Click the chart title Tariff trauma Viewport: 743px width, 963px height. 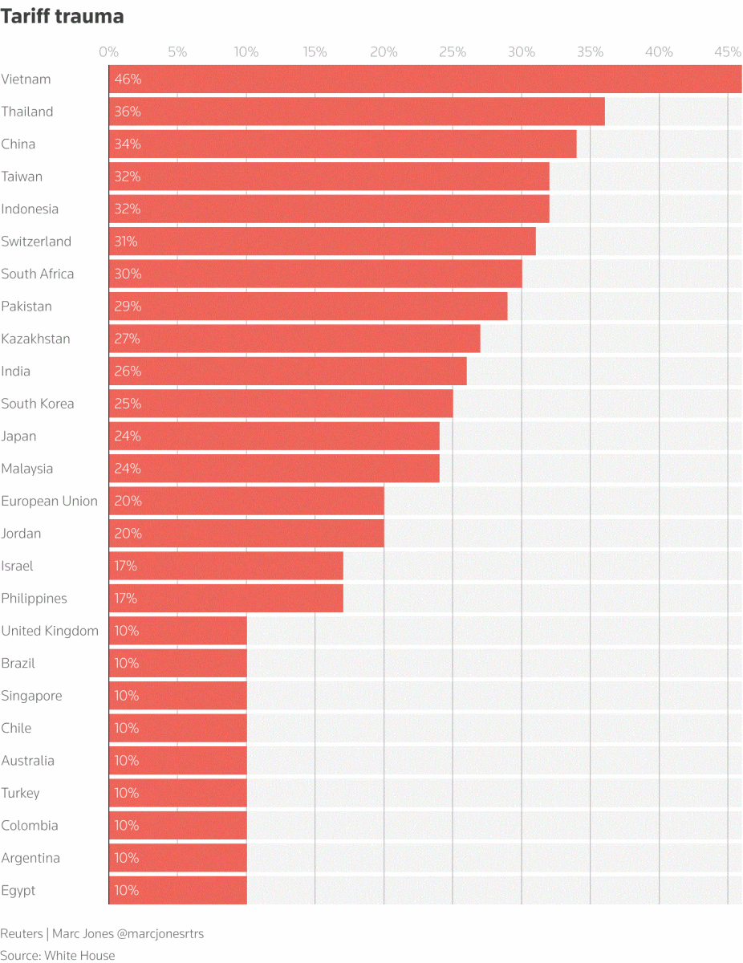coord(62,17)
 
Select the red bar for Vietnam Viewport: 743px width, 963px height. coord(425,79)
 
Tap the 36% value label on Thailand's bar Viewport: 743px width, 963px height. coord(128,112)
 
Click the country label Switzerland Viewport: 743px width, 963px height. coord(36,242)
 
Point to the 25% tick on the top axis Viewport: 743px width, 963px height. coord(453,52)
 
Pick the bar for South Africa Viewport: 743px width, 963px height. coord(315,274)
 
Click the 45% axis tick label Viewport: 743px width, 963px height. coord(728,52)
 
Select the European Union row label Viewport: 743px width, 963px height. coord(49,501)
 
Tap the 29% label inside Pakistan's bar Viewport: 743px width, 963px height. coord(128,307)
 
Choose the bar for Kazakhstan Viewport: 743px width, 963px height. coord(294,339)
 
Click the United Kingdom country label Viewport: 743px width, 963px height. coord(50,631)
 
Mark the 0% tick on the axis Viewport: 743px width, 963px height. coord(108,52)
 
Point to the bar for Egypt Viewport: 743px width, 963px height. coord(177,891)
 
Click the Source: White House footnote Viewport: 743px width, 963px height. coord(58,955)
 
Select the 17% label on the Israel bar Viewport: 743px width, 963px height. coord(126,566)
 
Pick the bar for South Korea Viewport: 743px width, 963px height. coord(281,404)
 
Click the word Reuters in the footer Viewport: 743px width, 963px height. coord(21,934)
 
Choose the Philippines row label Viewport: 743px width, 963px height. coord(34,599)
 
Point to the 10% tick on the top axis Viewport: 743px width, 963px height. coord(246,52)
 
